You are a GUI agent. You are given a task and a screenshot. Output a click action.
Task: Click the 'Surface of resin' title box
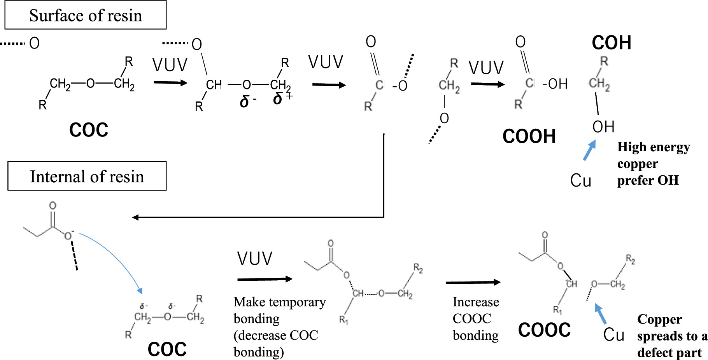pos(86,15)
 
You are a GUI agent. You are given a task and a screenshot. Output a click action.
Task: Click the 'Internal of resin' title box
pos(87,176)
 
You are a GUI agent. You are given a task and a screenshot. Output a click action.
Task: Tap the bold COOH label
pos(529,136)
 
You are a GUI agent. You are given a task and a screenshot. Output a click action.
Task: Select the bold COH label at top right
pos(611,43)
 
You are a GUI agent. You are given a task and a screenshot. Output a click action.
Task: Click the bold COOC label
pos(544,330)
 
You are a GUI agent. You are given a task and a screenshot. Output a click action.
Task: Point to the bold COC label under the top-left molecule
pos(89,130)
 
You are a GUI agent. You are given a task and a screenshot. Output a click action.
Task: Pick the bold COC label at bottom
pos(167,349)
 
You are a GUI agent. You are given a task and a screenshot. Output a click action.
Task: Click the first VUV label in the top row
pos(170,65)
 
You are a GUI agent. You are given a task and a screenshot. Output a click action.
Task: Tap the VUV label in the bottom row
pos(255,259)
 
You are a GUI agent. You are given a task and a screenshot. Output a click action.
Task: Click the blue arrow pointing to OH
pos(589,150)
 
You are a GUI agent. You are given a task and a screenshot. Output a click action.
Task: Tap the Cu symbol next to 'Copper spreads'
pos(613,335)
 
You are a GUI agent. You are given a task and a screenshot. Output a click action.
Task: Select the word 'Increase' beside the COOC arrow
pos(475,302)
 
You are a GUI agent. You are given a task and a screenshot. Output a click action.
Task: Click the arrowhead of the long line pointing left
pos(135,217)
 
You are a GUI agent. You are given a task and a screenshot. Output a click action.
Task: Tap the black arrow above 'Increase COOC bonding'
pos(473,282)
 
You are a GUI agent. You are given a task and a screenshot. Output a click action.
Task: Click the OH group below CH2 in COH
pos(603,127)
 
